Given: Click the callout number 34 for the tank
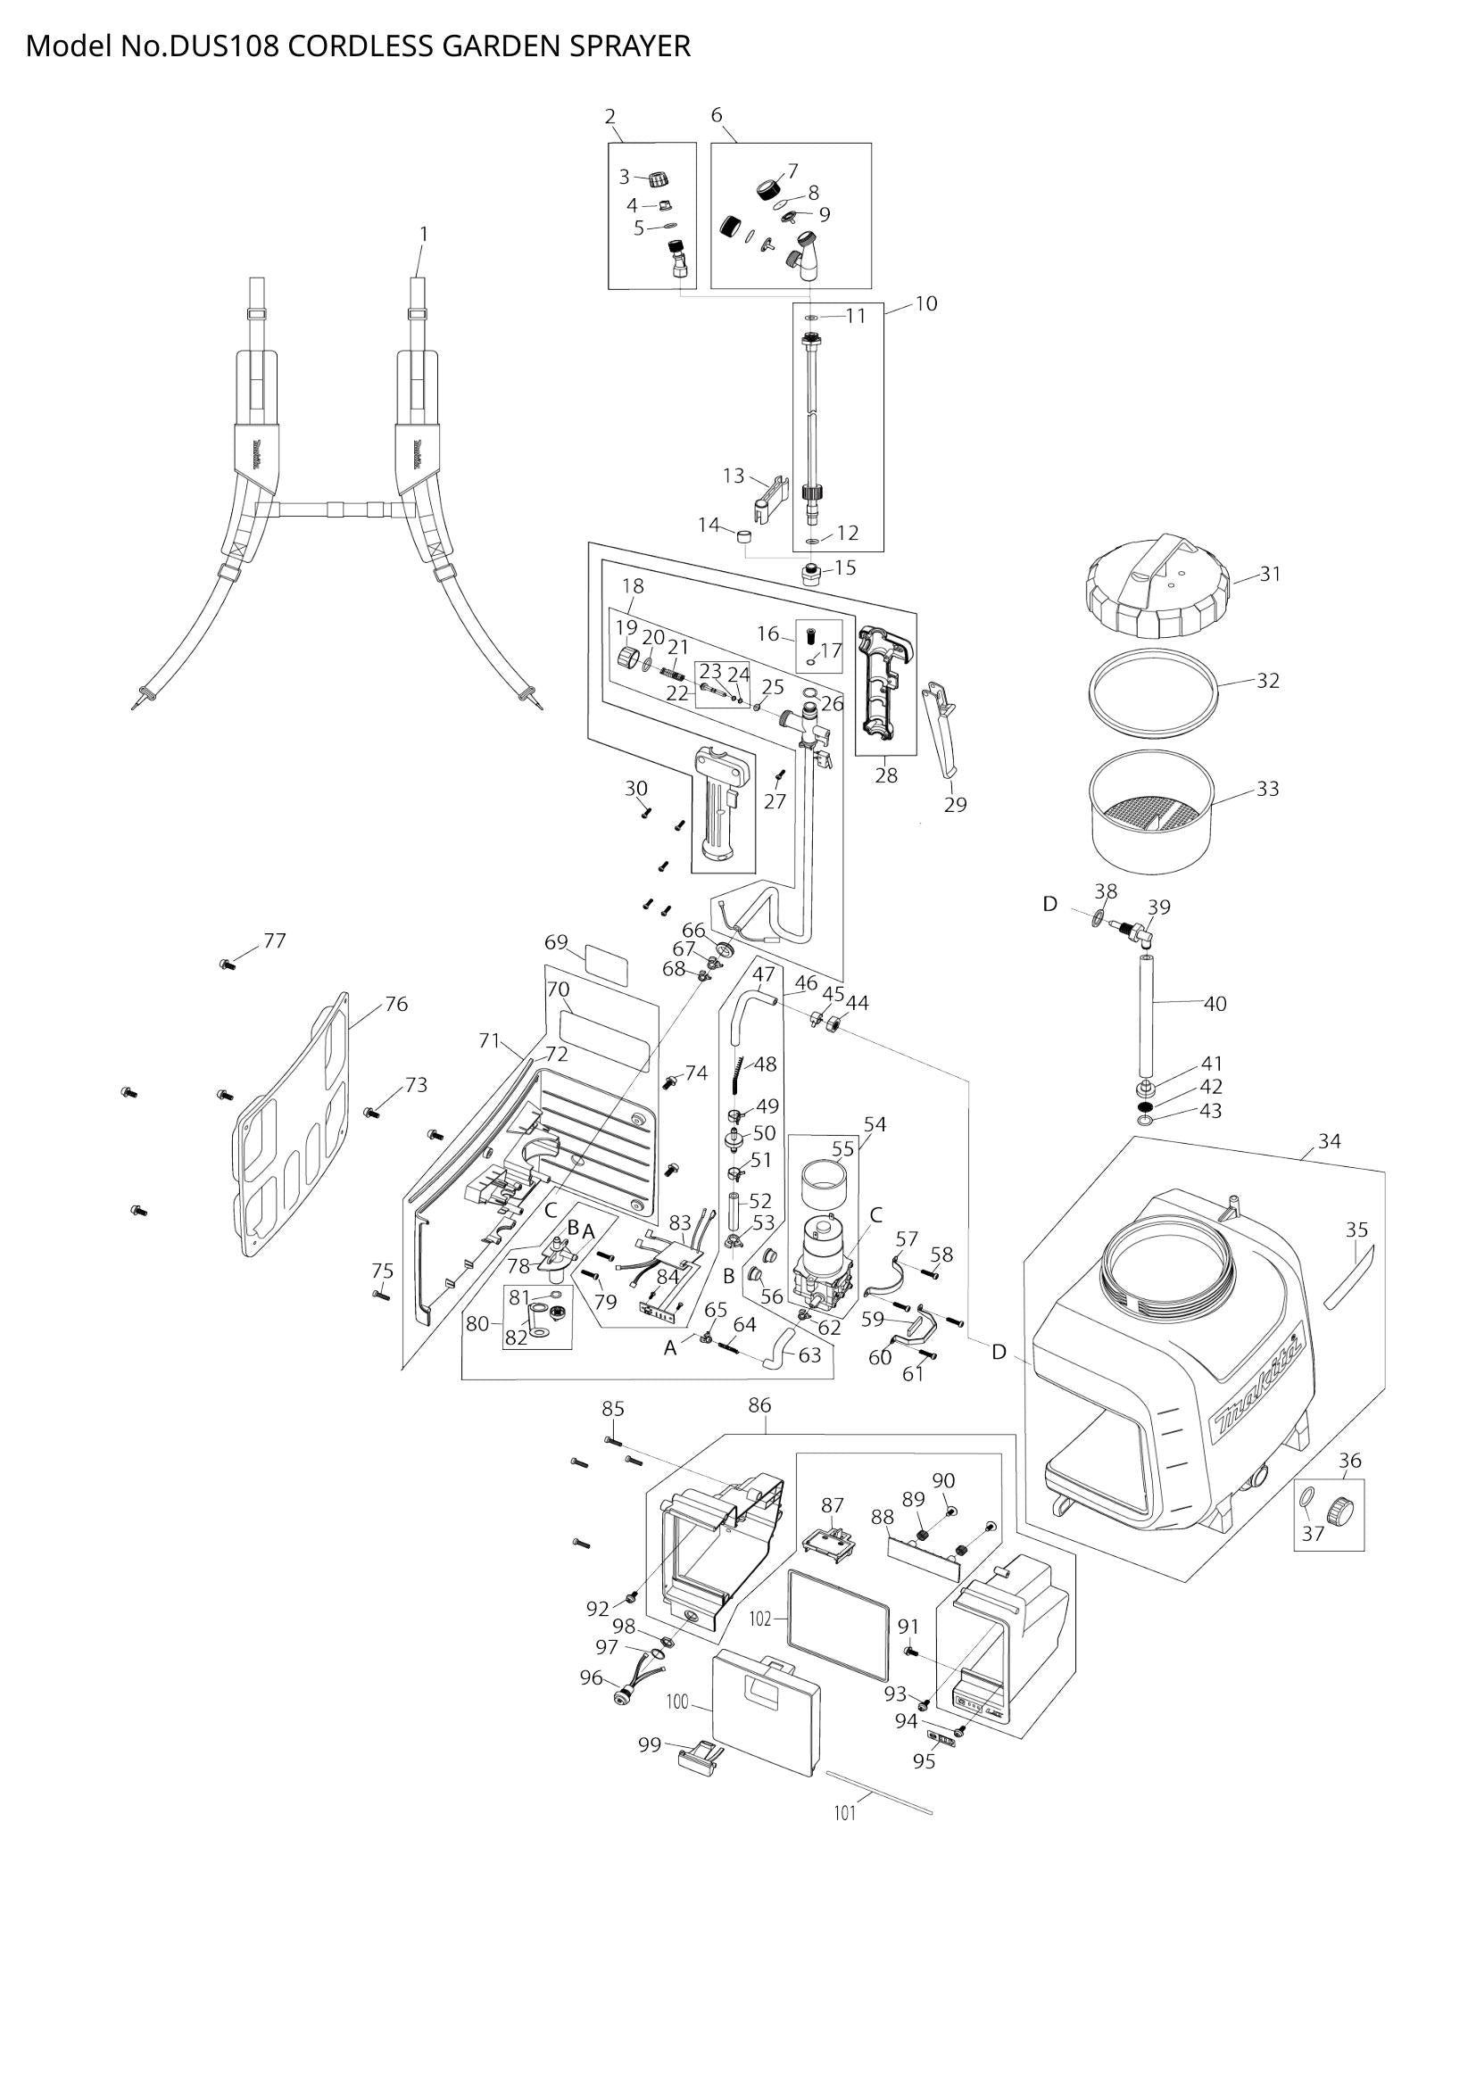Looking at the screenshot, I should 1329,1141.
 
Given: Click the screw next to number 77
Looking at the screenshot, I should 228,965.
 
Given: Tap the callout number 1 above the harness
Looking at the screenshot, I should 424,235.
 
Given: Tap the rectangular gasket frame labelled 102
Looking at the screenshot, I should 837,1621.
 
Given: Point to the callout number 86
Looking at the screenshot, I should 759,1405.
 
